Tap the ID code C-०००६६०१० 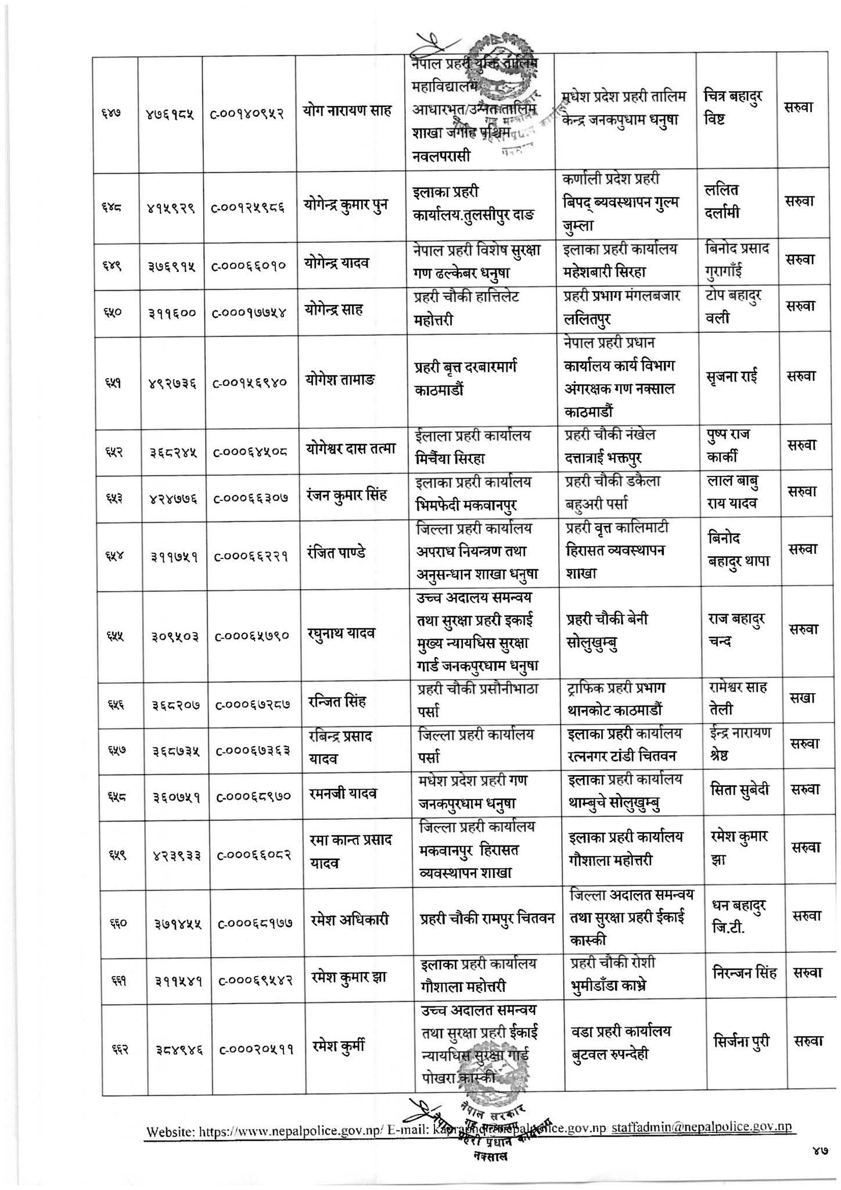248,265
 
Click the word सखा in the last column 802,698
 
